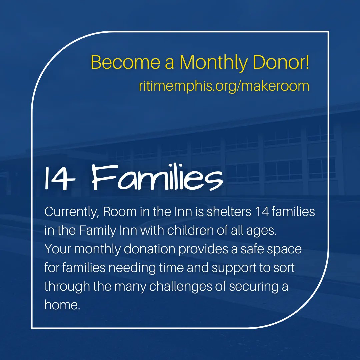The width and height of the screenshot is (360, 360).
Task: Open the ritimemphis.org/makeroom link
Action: tap(224, 86)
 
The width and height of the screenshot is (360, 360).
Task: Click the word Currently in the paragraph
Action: tap(71, 212)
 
